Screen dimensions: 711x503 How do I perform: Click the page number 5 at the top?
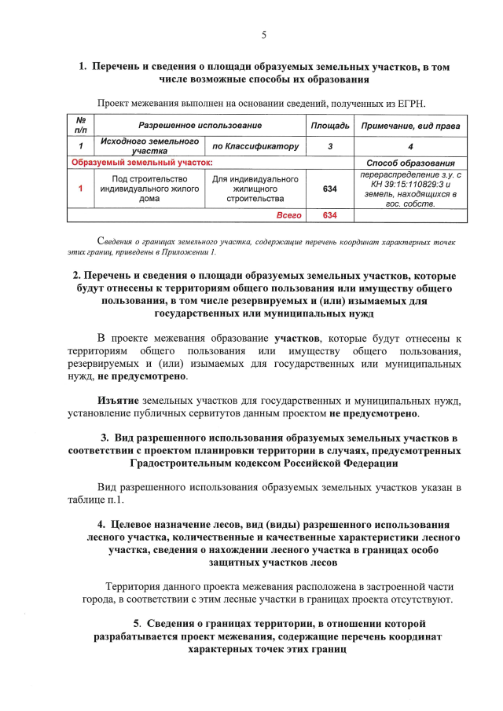(264, 35)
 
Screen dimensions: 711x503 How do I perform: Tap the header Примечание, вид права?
(410, 126)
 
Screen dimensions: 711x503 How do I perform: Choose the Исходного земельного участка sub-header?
(149, 145)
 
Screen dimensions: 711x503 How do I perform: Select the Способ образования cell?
(410, 163)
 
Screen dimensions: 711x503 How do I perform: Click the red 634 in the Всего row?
(329, 214)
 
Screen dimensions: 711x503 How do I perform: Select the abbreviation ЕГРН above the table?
(409, 103)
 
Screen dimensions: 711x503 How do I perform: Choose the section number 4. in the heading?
(102, 524)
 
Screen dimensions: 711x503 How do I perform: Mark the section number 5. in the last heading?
(137, 623)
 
